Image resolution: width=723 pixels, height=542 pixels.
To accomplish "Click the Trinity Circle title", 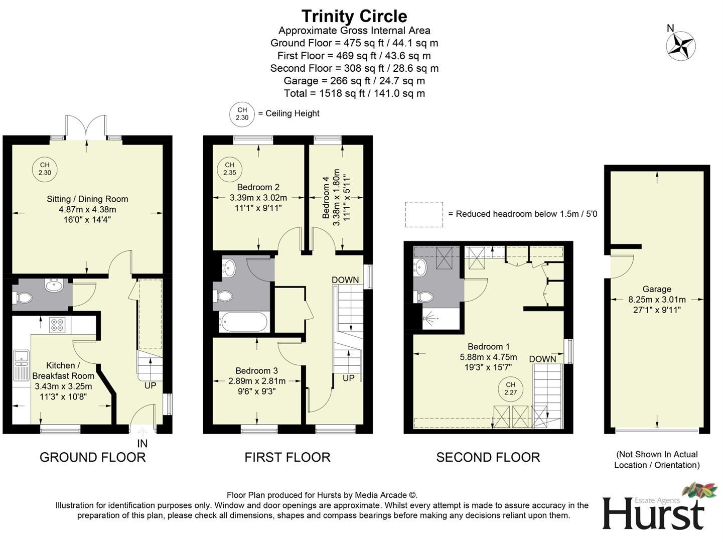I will coord(354,16).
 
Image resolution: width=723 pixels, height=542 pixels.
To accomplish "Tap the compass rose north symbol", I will coord(680,46).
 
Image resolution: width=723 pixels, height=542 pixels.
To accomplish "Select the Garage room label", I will coord(657,289).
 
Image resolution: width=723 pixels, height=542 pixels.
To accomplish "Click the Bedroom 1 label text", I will coord(488,346).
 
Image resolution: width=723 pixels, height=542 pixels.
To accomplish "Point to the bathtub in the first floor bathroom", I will coord(243,322).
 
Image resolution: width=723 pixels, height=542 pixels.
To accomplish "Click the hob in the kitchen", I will coord(56,325).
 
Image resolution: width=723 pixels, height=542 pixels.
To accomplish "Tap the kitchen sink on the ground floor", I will coord(21,357).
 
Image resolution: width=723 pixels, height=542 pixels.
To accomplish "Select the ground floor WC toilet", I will coord(23,298).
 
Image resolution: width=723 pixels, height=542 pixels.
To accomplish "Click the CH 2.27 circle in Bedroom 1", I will coord(510,389).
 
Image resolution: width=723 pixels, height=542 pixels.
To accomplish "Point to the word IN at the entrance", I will coord(142,444).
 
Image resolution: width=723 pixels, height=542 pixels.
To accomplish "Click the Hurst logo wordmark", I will coord(653,513).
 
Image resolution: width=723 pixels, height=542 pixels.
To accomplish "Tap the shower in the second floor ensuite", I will coord(430,319).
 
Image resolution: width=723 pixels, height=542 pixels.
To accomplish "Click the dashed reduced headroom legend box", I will coord(424,214).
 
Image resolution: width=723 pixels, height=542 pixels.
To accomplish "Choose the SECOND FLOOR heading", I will coord(488,457).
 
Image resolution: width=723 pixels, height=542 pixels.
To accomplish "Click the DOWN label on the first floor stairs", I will coord(345,280).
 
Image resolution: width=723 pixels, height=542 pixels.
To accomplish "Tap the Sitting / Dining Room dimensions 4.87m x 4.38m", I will coord(87,209).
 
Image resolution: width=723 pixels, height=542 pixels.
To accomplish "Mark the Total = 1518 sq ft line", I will coord(354,93).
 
